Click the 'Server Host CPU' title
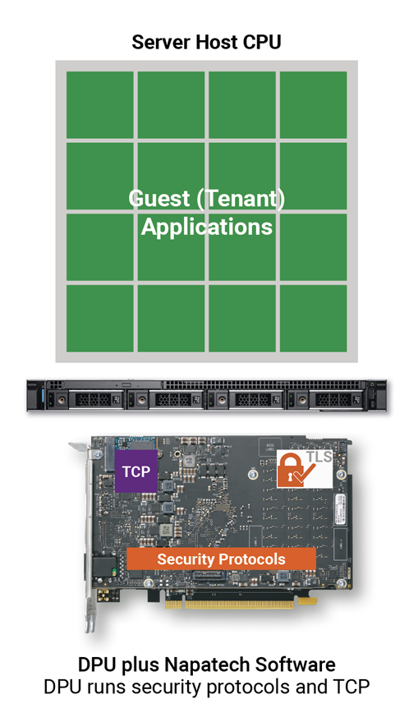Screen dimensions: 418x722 [206, 43]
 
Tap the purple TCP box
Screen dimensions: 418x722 [136, 471]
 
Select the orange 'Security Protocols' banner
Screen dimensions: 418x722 [221, 559]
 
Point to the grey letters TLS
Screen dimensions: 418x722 [319, 457]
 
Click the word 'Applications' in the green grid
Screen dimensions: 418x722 [207, 228]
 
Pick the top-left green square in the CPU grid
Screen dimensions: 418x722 [100, 105]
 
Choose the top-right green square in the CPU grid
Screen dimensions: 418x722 [314, 105]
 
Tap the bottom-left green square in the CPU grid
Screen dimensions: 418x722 [100, 318]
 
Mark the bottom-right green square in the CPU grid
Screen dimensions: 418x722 [314, 318]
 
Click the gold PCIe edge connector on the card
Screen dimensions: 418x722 [238, 604]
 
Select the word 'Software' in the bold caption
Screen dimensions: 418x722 [296, 665]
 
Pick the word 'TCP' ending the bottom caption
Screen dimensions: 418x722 [351, 687]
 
